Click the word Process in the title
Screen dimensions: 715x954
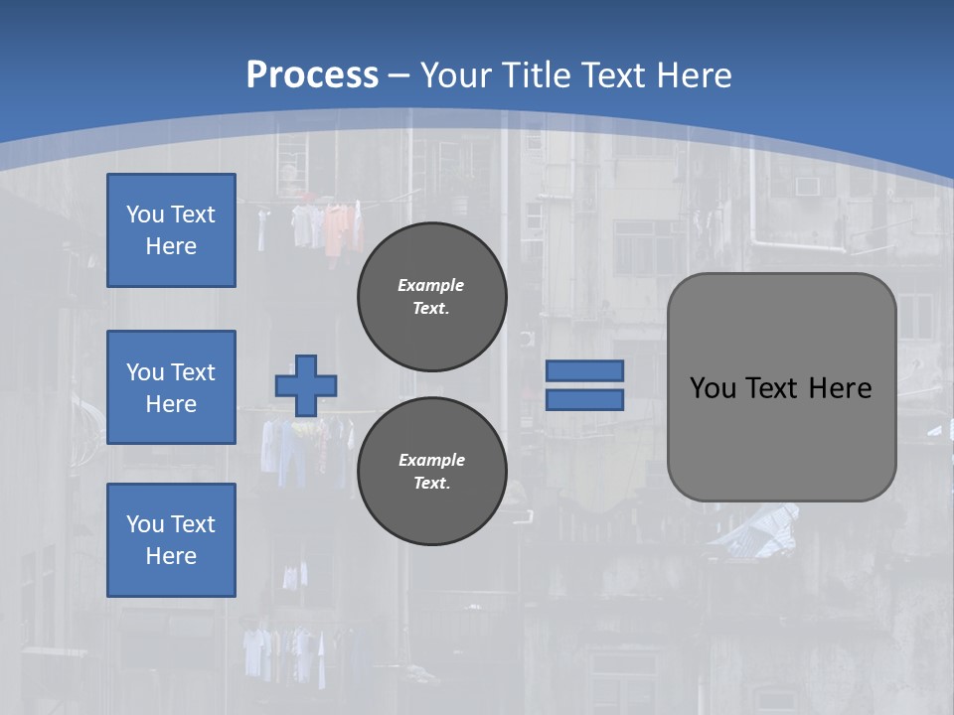point(312,74)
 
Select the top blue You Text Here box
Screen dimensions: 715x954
point(171,230)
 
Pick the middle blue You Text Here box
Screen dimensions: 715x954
point(171,387)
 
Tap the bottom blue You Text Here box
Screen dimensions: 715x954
point(171,539)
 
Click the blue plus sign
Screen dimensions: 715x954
point(305,385)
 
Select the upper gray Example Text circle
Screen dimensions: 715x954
point(431,296)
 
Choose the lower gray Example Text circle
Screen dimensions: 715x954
point(431,471)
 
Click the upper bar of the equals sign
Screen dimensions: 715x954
point(584,370)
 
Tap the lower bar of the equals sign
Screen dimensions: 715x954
point(584,400)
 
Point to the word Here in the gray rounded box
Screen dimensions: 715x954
point(840,388)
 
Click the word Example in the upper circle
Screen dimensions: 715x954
point(431,285)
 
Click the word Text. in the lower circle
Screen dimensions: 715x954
point(431,483)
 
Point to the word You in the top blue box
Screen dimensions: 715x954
point(144,214)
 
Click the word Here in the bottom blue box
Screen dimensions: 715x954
point(171,556)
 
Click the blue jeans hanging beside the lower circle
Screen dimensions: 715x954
point(296,452)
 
